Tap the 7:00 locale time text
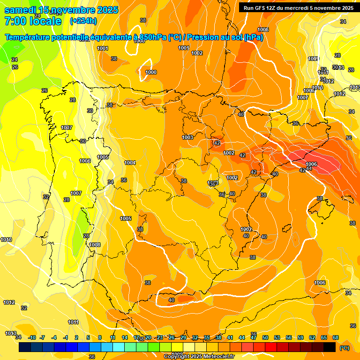coord(33,21)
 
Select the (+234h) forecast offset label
coord(83,21)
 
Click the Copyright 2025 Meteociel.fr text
coord(199,356)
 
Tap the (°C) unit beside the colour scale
coord(344,348)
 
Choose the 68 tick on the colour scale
coord(336,337)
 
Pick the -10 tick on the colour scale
coord(32,337)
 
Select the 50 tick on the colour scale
coord(265,337)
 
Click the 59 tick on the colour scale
coord(300,337)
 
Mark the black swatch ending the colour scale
coord(330,347)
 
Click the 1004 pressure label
coord(130,163)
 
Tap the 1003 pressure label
coord(187,137)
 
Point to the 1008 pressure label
coord(95,245)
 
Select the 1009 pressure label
coord(313,59)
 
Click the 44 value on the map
coord(309,168)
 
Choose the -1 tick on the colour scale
coord(66,337)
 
